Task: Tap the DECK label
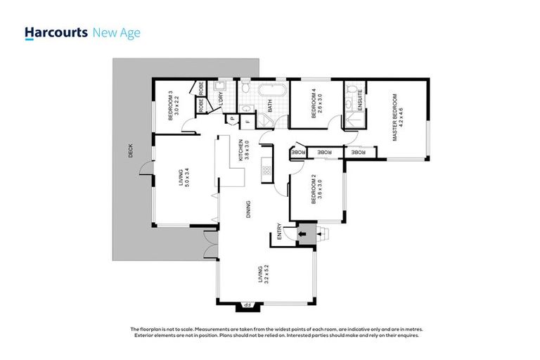[x=129, y=151]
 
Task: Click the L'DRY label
[x=221, y=99]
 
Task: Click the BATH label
[x=271, y=107]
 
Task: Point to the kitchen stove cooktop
[x=266, y=169]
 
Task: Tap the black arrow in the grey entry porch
[x=304, y=234]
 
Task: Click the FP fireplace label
[x=245, y=305]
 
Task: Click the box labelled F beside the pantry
[x=247, y=121]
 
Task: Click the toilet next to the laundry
[x=246, y=89]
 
